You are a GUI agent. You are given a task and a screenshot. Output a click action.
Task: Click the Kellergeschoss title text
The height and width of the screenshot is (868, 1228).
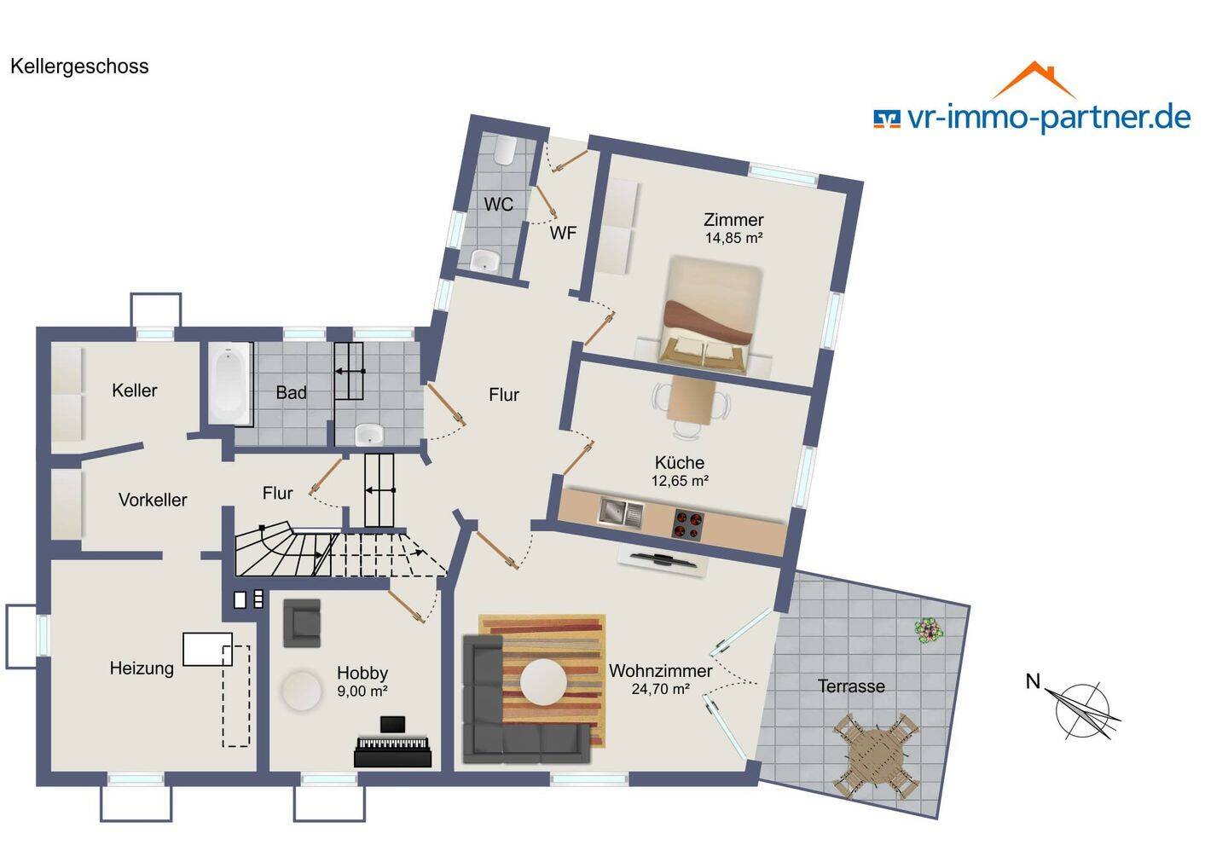79,67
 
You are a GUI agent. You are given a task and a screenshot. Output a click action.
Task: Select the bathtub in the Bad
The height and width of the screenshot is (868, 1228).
230,384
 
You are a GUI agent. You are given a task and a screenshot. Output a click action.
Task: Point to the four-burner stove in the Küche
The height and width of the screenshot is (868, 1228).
688,524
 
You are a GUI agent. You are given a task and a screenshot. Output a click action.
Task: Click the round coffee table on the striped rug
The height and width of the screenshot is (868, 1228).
543,682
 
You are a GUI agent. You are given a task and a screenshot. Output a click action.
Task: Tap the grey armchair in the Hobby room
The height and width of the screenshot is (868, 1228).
302,623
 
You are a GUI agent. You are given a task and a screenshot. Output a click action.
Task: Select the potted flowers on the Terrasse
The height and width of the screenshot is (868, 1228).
930,631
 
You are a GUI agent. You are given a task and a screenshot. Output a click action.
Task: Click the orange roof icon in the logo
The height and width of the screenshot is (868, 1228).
1034,80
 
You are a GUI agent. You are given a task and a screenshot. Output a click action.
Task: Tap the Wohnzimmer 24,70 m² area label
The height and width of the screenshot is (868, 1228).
661,680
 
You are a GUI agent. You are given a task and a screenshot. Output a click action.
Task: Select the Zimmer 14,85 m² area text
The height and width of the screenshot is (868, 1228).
733,229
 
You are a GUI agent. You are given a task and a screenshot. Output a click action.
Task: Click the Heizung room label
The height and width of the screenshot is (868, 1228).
142,668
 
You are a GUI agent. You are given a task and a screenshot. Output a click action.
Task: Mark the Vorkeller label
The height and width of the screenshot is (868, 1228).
153,500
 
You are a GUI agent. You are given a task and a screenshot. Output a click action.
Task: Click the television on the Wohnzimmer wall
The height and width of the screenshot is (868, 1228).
663,558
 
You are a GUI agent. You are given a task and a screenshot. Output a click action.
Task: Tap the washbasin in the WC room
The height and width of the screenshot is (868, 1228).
484,260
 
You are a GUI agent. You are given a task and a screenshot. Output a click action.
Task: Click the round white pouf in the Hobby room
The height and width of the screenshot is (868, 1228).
302,691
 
